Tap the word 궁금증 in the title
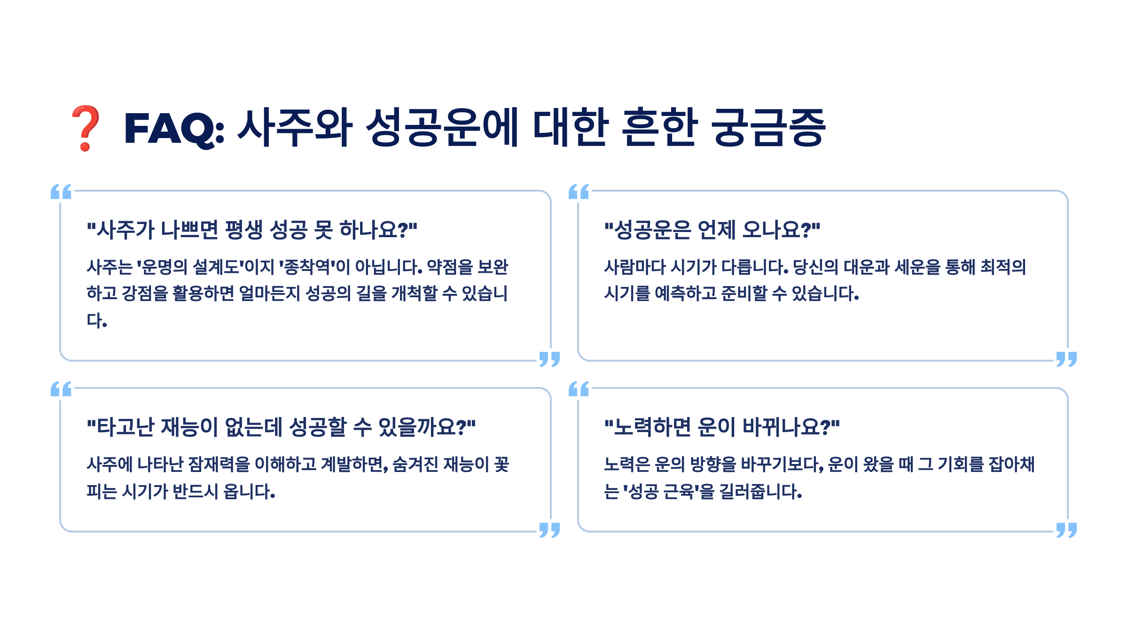(x=769, y=128)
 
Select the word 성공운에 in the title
(x=442, y=128)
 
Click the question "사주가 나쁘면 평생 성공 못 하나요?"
(x=252, y=230)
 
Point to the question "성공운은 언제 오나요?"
(x=712, y=230)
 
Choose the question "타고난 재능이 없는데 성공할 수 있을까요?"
(x=281, y=427)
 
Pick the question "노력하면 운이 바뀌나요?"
(x=722, y=427)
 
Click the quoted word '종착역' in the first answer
(x=308, y=267)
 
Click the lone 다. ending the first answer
(x=97, y=321)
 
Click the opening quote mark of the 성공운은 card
(x=579, y=192)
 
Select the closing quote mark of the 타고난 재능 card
(x=549, y=530)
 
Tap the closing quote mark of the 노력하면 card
(x=1066, y=530)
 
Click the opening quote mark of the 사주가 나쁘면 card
(x=61, y=192)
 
